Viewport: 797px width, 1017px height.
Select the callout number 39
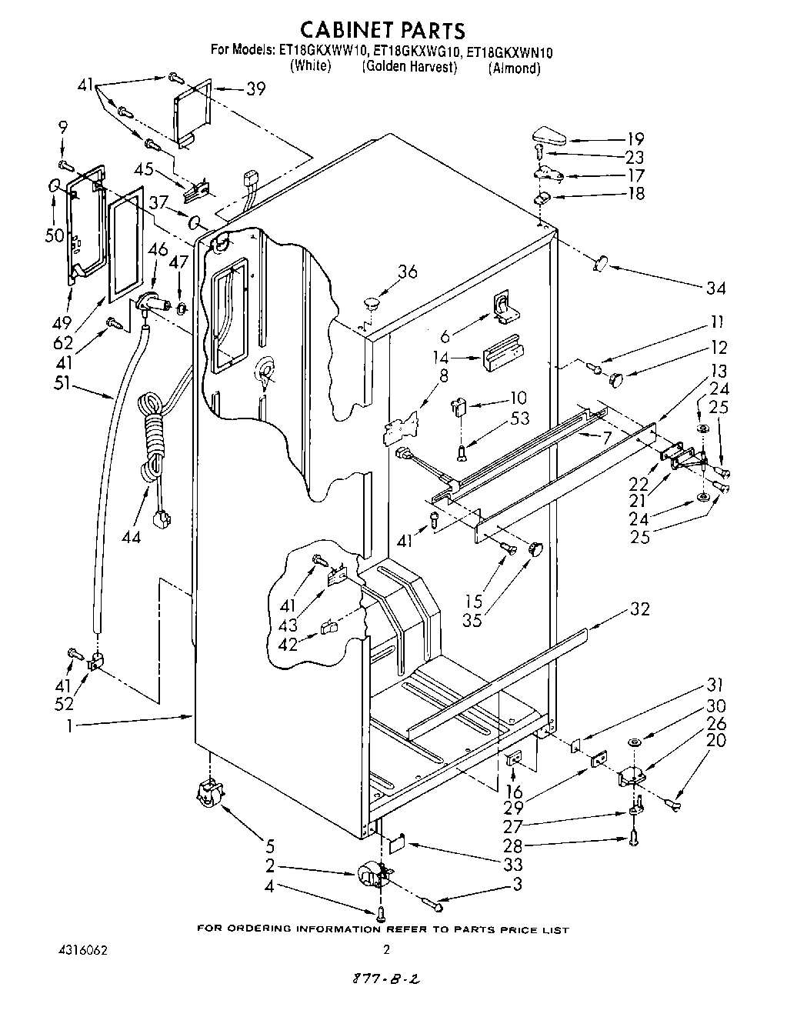point(255,88)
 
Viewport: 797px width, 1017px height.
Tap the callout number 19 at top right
point(635,139)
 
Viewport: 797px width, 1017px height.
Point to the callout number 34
point(716,288)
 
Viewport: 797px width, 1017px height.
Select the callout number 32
point(639,609)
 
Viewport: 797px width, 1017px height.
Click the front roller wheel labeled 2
point(373,875)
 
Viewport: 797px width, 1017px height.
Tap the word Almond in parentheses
point(514,68)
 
